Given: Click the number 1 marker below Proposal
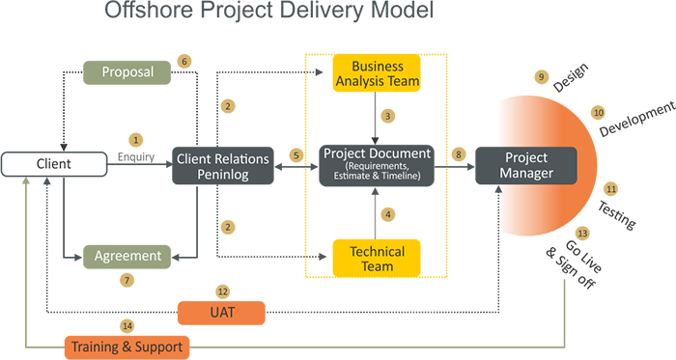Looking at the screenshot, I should point(136,140).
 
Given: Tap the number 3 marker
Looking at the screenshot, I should point(387,117).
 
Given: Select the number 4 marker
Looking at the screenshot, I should point(387,214).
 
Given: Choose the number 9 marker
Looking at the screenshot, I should point(541,76).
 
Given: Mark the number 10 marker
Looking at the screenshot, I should point(599,113).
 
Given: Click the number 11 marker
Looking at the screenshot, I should point(612,189).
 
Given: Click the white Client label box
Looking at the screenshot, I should point(54,164).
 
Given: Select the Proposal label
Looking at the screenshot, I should point(128,70).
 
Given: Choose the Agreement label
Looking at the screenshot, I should point(127,256).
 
